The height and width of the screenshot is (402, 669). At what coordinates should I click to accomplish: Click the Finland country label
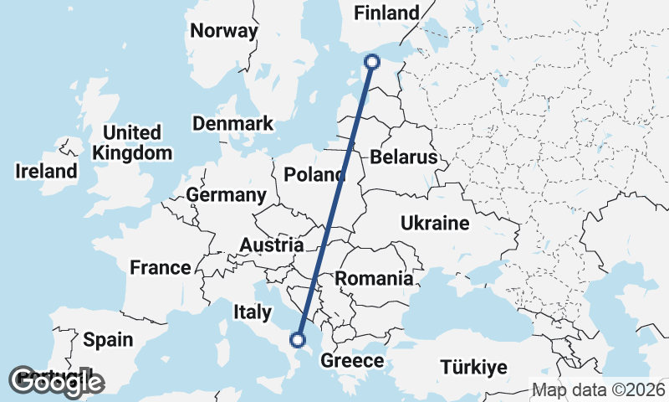tap(386, 13)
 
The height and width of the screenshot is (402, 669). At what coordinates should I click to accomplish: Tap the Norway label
tap(224, 31)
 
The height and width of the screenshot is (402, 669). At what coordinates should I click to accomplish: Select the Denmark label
tap(232, 124)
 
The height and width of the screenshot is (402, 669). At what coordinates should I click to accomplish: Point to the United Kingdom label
tap(132, 142)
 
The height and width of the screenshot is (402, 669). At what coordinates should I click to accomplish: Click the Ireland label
tap(46, 171)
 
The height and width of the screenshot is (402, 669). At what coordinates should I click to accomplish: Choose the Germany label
tap(226, 195)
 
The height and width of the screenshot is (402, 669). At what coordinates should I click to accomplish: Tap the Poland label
tap(314, 175)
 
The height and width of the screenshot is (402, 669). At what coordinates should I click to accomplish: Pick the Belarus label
tap(404, 157)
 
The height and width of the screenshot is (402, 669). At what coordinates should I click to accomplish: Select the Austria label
tap(271, 245)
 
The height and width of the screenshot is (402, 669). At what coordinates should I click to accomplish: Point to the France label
tap(161, 268)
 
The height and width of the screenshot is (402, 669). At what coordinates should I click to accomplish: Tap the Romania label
tap(374, 278)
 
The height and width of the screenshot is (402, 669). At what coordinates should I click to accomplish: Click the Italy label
tap(253, 312)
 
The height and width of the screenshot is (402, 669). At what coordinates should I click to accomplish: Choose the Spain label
tap(108, 339)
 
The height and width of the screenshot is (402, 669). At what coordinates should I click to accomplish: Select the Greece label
tap(353, 362)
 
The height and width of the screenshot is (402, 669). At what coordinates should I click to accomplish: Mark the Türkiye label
tap(474, 367)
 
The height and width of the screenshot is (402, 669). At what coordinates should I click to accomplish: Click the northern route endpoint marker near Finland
tap(373, 61)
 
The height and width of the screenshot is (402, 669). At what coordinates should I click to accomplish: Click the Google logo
tap(56, 382)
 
